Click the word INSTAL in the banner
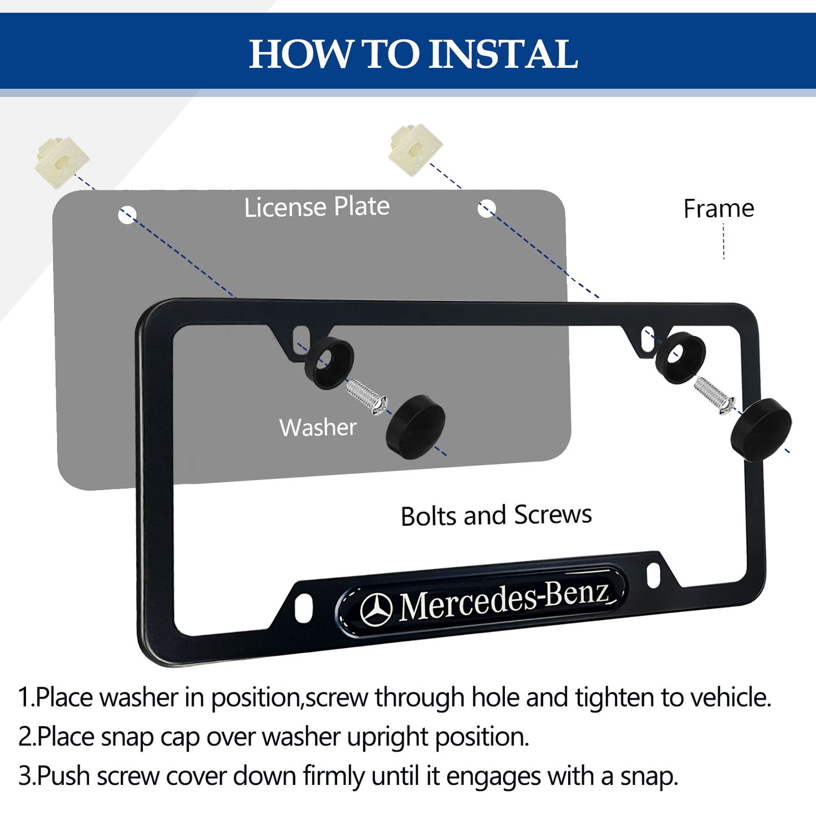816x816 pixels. tap(504, 55)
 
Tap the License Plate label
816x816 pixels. tap(317, 207)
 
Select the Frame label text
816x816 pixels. tap(718, 209)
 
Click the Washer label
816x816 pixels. tap(318, 427)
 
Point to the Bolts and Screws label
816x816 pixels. tap(496, 516)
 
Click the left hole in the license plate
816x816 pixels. tap(127, 215)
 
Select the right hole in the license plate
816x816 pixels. tap(486, 209)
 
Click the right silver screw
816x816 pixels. tap(714, 394)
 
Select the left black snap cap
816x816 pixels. tap(416, 426)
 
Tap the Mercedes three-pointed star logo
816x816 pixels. tap(377, 610)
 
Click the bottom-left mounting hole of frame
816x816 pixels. tap(303, 607)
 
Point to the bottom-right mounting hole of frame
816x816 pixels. tap(653, 575)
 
